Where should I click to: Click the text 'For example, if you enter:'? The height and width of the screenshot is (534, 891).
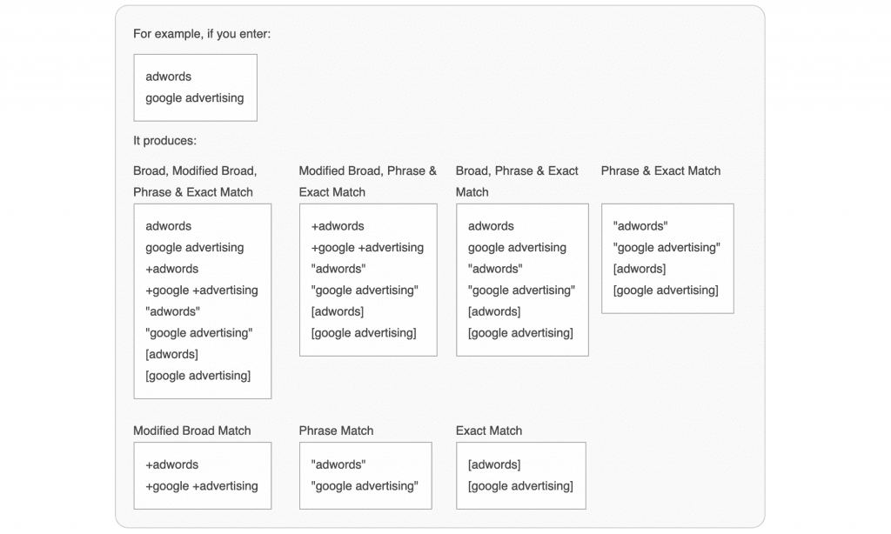click(x=202, y=34)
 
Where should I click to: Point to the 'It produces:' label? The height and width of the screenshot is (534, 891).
click(x=164, y=141)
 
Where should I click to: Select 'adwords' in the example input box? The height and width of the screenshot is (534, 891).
click(x=168, y=77)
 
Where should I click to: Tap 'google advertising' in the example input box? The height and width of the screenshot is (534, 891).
click(x=194, y=98)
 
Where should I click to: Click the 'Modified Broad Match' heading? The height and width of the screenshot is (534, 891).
click(x=192, y=431)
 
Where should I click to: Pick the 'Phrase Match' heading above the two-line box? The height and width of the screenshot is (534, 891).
click(x=337, y=431)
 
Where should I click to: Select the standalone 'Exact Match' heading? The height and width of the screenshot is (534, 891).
click(x=489, y=431)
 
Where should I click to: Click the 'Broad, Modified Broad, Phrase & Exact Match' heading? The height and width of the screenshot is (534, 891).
click(x=195, y=181)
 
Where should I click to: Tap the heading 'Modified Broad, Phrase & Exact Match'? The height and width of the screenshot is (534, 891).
click(x=368, y=181)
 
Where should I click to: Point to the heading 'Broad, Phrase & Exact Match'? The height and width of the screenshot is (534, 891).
click(x=517, y=181)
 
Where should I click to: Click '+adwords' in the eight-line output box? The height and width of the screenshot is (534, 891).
click(x=171, y=269)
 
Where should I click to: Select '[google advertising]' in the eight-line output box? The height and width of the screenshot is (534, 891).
click(x=198, y=376)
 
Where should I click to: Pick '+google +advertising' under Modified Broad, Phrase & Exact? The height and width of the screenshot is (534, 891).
click(x=367, y=248)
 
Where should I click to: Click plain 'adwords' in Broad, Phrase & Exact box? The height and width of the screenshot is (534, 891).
click(x=491, y=226)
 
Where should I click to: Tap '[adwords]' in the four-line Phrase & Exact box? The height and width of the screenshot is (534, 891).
click(x=640, y=269)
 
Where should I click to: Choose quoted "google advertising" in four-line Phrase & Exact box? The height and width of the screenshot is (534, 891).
click(x=667, y=248)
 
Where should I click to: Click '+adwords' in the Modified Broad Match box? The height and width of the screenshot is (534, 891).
click(x=171, y=464)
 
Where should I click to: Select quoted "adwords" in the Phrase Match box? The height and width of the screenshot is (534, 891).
click(x=338, y=464)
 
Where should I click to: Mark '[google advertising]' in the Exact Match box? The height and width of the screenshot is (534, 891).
click(x=520, y=486)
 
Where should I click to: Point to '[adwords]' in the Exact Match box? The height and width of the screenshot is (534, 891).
click(x=494, y=464)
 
